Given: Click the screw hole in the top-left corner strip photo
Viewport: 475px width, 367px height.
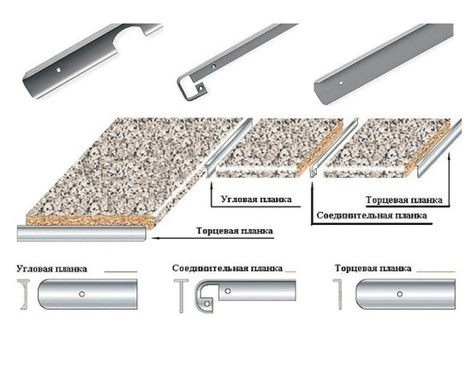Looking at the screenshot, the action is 59,70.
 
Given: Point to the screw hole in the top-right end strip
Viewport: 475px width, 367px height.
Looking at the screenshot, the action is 341,82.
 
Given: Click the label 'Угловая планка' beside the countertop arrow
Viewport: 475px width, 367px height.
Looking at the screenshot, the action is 256,199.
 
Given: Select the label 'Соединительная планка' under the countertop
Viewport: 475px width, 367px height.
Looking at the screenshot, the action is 372,215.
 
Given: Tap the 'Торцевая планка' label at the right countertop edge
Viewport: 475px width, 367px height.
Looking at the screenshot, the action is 404,200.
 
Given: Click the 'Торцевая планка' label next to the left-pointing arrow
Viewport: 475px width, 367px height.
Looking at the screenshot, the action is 234,230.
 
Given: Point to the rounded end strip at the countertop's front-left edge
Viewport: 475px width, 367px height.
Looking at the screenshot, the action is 82,233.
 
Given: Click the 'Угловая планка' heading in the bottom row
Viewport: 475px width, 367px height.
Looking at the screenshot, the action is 52,269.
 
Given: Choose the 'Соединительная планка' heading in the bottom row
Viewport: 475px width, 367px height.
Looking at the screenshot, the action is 227,268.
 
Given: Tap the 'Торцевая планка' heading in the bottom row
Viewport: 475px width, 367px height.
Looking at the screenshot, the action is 373,268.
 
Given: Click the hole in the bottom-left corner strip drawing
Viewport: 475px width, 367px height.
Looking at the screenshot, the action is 81,294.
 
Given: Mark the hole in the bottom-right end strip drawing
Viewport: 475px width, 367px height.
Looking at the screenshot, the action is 400,294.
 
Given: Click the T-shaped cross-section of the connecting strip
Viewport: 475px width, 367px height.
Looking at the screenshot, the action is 181,295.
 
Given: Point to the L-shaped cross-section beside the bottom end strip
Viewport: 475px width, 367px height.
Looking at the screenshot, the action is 339,294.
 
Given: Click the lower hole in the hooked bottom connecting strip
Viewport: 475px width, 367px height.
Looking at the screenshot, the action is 207,303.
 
